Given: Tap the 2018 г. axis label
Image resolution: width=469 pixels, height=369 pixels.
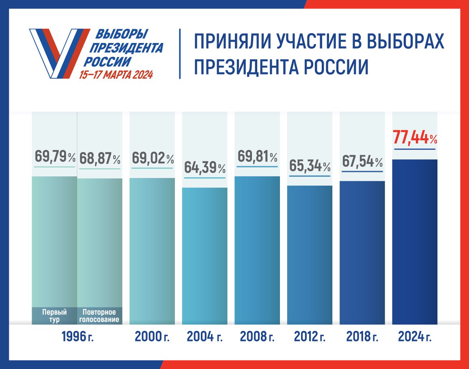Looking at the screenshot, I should click(362, 337).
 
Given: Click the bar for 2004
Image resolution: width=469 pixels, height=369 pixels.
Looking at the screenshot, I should click(204, 255).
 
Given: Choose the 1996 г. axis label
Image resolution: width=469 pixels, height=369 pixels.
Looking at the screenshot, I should click(77, 337).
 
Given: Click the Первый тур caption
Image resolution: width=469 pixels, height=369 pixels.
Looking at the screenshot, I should click(54, 316).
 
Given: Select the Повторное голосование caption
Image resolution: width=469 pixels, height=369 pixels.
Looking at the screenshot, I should click(99, 316).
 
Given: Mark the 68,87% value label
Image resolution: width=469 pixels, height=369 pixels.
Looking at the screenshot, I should click(100, 158).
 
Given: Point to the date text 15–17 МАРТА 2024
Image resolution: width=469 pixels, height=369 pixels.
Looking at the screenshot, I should click(116, 75).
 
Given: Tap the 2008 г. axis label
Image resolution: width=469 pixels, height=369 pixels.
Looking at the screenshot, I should click(257, 337).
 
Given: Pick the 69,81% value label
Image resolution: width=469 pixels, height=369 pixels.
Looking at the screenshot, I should click(257, 156).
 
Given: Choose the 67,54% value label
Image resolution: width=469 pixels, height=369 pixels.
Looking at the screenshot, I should click(362, 162).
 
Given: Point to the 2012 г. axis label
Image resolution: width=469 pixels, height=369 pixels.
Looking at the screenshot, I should click(310, 337).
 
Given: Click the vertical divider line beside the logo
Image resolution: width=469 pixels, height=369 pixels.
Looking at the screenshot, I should click(180, 54).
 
